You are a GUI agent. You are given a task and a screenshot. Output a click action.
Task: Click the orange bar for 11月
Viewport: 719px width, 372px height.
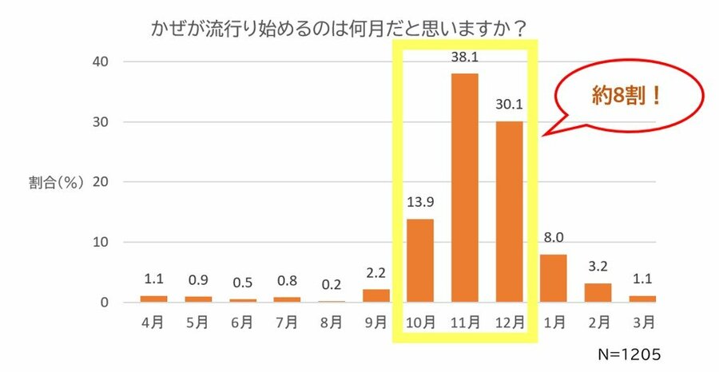[x=465, y=188]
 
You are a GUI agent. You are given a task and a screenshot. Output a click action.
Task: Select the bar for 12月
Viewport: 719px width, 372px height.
[x=510, y=212]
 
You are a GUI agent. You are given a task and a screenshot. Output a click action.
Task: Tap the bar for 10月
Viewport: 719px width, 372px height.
[x=421, y=260]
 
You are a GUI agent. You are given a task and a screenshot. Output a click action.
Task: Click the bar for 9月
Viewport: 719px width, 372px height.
[x=375, y=295]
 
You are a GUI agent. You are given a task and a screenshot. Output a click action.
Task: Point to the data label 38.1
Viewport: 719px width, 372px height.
[x=465, y=58]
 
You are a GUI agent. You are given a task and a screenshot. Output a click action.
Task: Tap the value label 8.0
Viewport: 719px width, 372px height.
[x=554, y=239]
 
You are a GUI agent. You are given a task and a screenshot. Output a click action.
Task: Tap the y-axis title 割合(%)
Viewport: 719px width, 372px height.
[x=57, y=182]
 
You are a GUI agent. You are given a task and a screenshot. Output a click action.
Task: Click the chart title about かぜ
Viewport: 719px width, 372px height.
[x=340, y=29]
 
